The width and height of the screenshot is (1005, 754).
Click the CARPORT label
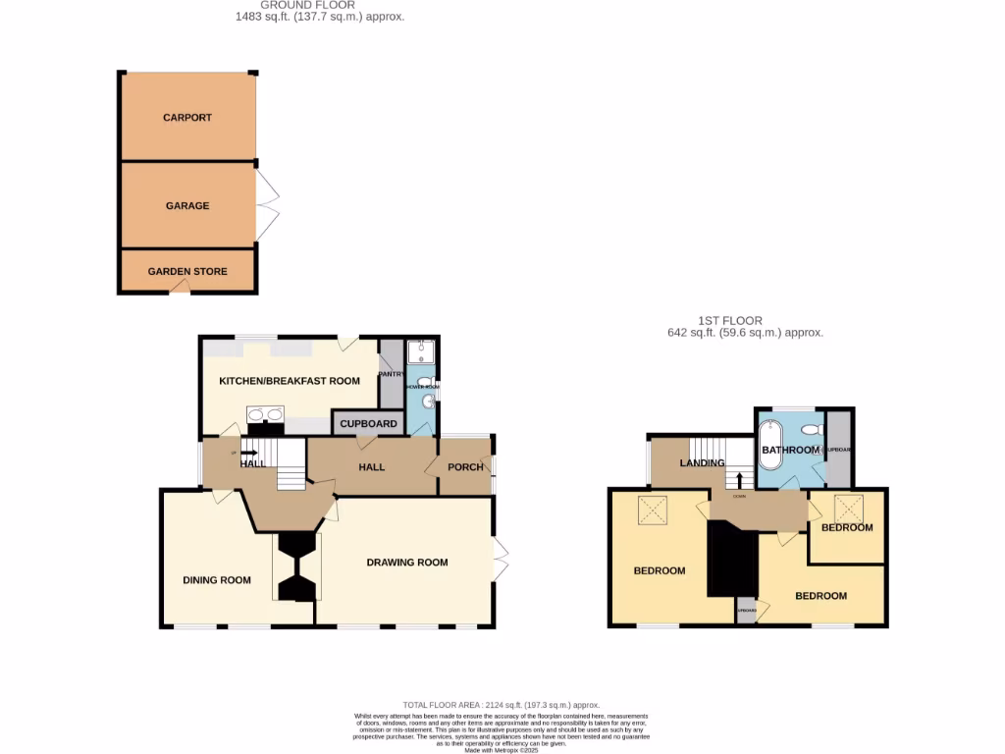tap(186, 118)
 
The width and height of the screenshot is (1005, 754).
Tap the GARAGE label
tap(186, 206)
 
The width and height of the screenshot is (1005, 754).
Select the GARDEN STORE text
tap(187, 272)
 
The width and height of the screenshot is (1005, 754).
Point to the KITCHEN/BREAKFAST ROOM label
tap(289, 381)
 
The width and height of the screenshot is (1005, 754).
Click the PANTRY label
tap(391, 373)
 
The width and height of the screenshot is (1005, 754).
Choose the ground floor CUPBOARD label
tap(368, 424)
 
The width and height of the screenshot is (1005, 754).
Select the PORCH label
tap(465, 466)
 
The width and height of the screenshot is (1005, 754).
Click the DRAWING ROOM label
tap(406, 563)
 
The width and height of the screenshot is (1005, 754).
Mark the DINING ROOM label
tap(217, 580)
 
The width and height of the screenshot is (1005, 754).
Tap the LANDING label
tap(702, 463)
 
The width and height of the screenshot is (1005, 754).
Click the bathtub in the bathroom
tap(770, 448)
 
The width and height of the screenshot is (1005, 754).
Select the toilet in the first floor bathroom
tap(810, 430)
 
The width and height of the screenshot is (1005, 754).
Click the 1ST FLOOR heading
tap(729, 320)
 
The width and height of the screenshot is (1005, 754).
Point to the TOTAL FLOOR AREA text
tap(501, 705)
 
